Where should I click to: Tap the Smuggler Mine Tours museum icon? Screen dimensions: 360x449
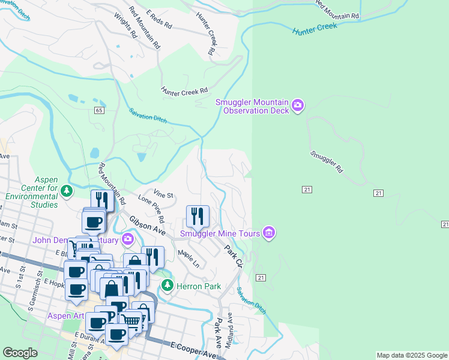point(268,232)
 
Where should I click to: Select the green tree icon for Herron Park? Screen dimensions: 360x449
point(169,286)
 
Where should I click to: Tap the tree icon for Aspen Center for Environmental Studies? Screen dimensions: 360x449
point(66,191)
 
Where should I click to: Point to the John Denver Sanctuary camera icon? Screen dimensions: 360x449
point(127,240)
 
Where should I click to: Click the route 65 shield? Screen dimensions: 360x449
point(99,110)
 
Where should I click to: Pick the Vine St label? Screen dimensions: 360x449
point(163,194)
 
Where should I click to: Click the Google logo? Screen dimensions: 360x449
point(20,353)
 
